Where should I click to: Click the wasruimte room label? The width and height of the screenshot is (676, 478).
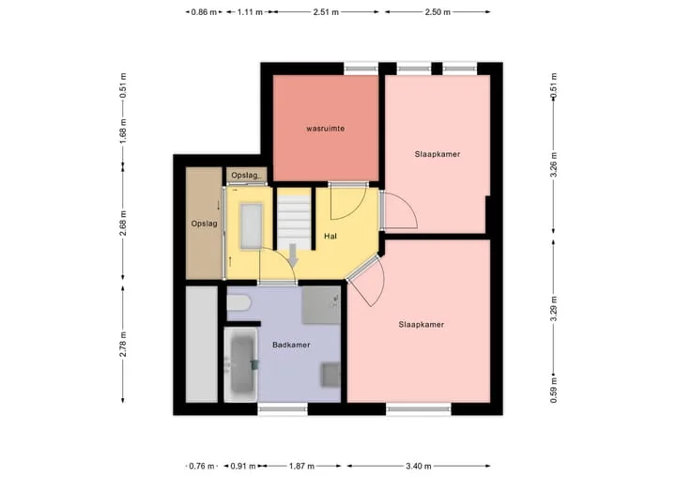point(326,129)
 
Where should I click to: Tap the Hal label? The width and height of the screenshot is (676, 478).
point(330,236)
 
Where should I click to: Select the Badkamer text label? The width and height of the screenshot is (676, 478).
point(291,345)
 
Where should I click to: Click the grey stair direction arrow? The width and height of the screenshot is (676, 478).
point(293,254)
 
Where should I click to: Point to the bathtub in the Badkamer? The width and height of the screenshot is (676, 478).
point(241,364)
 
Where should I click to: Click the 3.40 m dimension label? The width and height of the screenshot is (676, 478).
point(419,466)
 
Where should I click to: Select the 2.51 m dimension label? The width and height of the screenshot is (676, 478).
point(326,12)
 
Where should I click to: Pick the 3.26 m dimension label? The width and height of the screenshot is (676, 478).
point(554,164)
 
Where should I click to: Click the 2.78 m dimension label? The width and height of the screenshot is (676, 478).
point(123,344)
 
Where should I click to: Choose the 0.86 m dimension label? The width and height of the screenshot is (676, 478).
point(204,12)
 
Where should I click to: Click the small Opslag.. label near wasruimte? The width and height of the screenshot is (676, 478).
point(247,176)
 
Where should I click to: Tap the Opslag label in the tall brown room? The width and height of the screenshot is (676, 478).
point(205,224)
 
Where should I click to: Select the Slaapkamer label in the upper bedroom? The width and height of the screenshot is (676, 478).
point(438,154)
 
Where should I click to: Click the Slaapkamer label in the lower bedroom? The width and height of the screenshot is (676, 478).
point(422,324)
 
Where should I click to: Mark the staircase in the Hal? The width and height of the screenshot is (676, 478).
point(294,219)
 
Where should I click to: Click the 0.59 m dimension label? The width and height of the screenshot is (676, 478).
point(554,390)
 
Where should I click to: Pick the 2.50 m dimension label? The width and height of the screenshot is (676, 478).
point(438,12)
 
